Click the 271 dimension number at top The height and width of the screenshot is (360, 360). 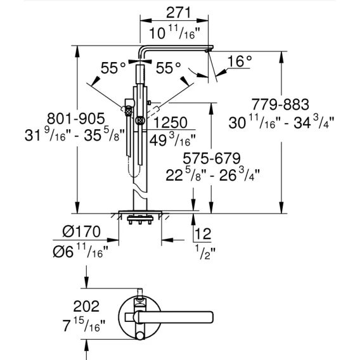(179, 13)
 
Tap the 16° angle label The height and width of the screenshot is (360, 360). (240, 61)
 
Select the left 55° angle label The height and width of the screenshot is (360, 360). (113, 67)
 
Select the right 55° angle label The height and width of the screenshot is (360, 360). (169, 67)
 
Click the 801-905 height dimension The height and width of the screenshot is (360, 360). (76, 119)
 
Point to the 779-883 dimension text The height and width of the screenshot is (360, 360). (280, 104)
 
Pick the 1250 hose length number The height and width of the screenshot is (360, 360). (170, 122)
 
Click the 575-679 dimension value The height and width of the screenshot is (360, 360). (212, 158)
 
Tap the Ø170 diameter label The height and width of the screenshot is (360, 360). (81, 231)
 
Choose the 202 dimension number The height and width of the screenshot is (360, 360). (86, 306)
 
